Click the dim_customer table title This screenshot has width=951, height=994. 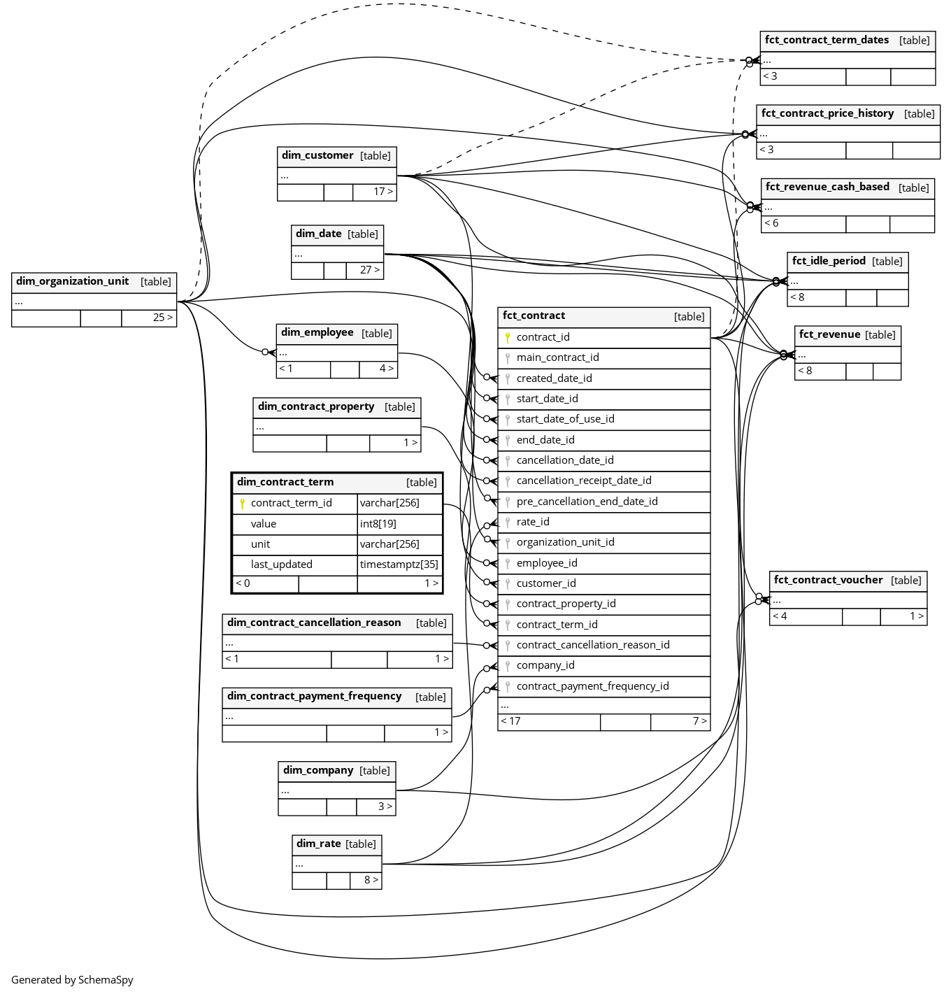coord(317,155)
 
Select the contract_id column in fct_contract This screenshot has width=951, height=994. coord(543,337)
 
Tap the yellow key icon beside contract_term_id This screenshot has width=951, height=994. coord(242,504)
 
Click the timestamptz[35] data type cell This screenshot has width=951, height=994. coord(399,565)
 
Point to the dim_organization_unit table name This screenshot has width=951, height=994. coord(72,281)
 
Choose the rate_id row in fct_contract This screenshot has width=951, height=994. coord(533,522)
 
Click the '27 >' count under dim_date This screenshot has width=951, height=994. coord(370,270)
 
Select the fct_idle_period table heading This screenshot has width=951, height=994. coord(829,261)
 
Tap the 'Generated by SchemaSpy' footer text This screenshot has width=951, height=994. coord(72,979)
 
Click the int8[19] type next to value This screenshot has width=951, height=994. coord(378,524)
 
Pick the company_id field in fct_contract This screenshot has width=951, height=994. coord(545,665)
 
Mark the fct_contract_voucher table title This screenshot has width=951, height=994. coord(828,580)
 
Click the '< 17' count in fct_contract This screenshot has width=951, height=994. coord(510,721)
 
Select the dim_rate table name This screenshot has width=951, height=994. coord(319,844)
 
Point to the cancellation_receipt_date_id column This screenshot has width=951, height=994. coord(584,481)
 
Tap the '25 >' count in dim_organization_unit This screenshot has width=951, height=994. coord(162,318)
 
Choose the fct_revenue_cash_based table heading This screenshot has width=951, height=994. coord(827,187)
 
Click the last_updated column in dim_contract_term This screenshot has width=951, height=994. coord(281,565)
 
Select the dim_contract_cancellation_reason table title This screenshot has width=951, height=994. coord(314,623)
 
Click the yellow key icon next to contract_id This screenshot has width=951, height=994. coord(508,337)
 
